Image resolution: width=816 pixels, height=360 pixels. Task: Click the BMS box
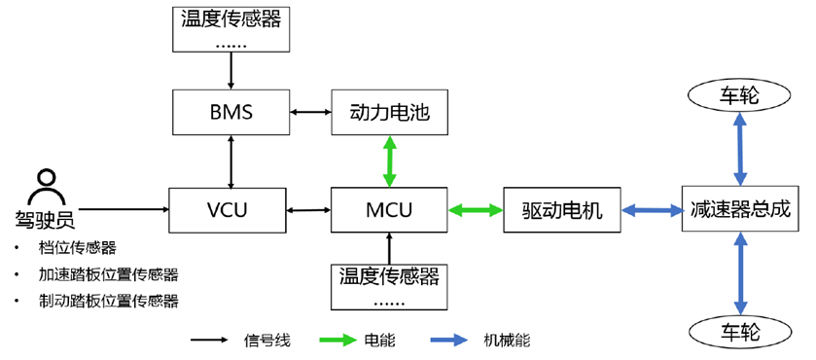coord(231,113)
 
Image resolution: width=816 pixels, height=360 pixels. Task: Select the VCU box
coord(230,209)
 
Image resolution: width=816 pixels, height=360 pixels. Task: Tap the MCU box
coord(388,209)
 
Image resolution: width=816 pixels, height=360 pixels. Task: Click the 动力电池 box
coord(388,113)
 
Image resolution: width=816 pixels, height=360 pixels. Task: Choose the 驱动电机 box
coord(562,209)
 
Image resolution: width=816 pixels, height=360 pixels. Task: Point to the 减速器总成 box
coord(741,209)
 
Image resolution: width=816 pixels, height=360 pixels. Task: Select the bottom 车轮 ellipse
coord(741,327)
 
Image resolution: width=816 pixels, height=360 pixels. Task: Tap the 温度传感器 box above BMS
coord(231,28)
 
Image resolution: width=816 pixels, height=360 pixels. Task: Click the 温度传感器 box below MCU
coord(388,285)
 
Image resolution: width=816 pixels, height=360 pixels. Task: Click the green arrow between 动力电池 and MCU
coord(389,162)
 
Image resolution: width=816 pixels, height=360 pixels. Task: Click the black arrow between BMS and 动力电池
coord(310,114)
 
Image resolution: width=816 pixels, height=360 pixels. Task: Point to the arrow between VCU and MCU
coord(310,209)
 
